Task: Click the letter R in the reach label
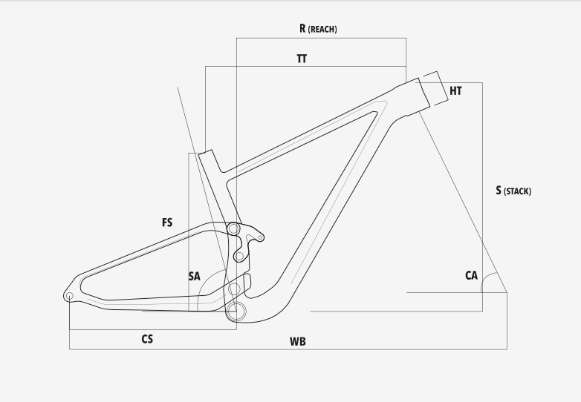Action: (302, 28)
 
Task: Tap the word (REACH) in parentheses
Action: (322, 29)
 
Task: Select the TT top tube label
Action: (302, 59)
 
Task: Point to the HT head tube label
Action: (455, 90)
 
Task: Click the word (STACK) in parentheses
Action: (517, 191)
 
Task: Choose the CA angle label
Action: (471, 275)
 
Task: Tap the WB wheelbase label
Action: (298, 341)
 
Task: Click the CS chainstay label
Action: (147, 339)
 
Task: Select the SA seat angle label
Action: (194, 276)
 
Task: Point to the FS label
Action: (167, 223)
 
